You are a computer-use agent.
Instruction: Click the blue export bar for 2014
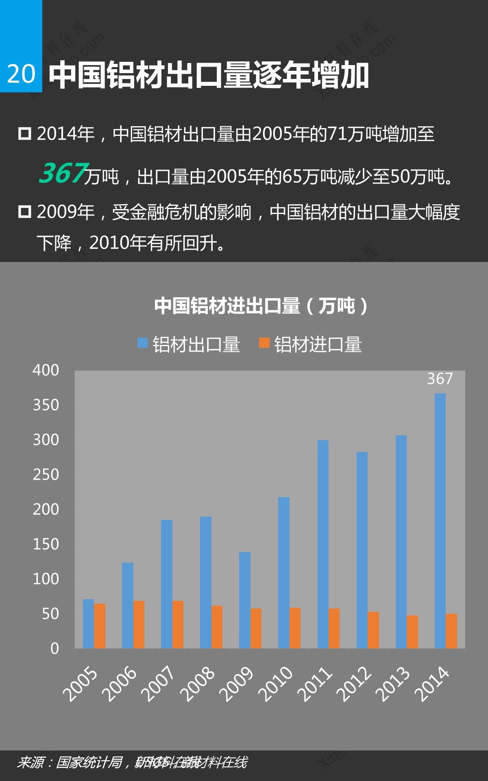click(x=440, y=521)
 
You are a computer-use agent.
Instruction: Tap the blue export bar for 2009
click(x=244, y=600)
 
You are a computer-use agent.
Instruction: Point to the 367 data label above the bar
click(x=440, y=379)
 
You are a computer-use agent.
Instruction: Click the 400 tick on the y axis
click(x=46, y=371)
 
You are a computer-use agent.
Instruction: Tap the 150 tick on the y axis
click(x=46, y=544)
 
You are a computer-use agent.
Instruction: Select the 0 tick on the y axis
click(x=54, y=648)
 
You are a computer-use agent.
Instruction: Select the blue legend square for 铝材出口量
click(x=142, y=343)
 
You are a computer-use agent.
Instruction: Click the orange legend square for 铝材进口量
click(x=264, y=343)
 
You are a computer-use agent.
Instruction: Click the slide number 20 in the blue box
click(x=21, y=74)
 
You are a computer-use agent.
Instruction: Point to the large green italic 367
click(x=62, y=172)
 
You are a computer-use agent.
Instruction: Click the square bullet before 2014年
click(x=25, y=134)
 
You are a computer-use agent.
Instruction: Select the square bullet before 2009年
click(x=25, y=212)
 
